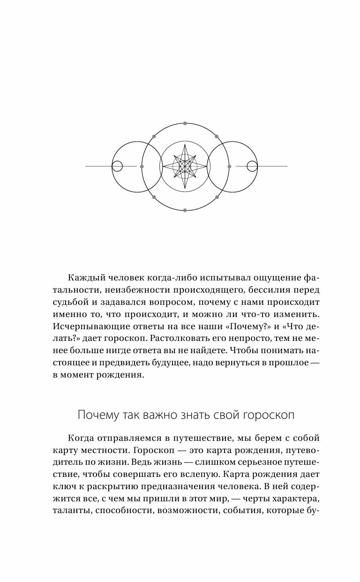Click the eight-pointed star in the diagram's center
click(x=185, y=166)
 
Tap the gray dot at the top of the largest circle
click(x=185, y=123)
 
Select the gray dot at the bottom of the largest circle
click(x=185, y=211)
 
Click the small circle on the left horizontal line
click(x=117, y=166)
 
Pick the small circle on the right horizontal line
click(x=252, y=166)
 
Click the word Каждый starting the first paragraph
click(x=84, y=278)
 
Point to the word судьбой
click(x=68, y=302)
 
